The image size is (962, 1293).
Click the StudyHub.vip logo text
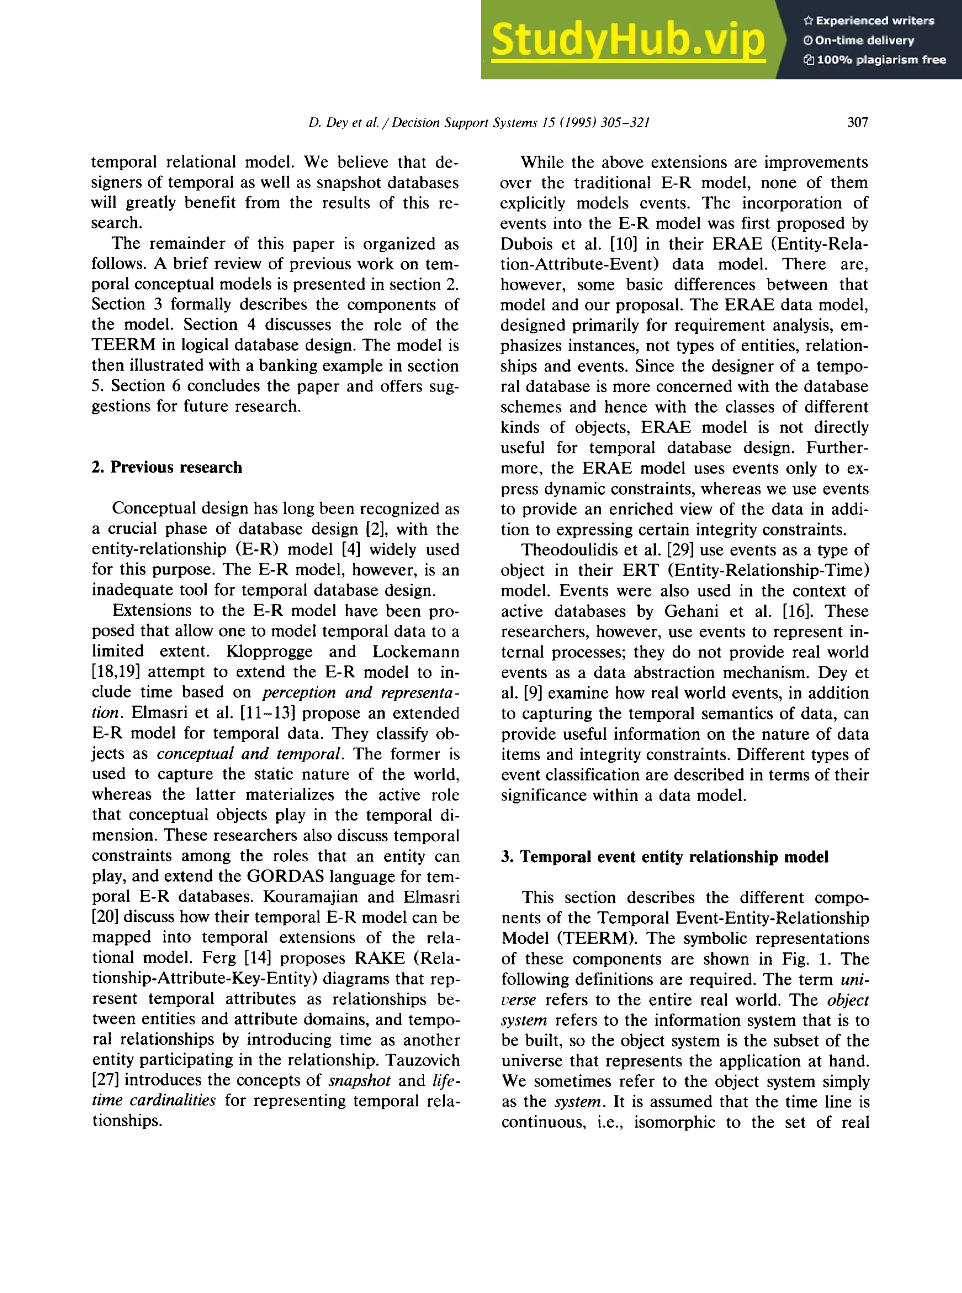click(628, 39)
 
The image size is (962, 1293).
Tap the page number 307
click(857, 122)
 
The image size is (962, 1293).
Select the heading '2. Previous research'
click(167, 467)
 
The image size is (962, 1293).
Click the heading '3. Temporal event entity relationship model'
click(665, 857)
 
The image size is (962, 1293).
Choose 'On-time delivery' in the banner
click(864, 40)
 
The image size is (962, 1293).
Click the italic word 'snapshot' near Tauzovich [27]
click(359, 1080)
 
